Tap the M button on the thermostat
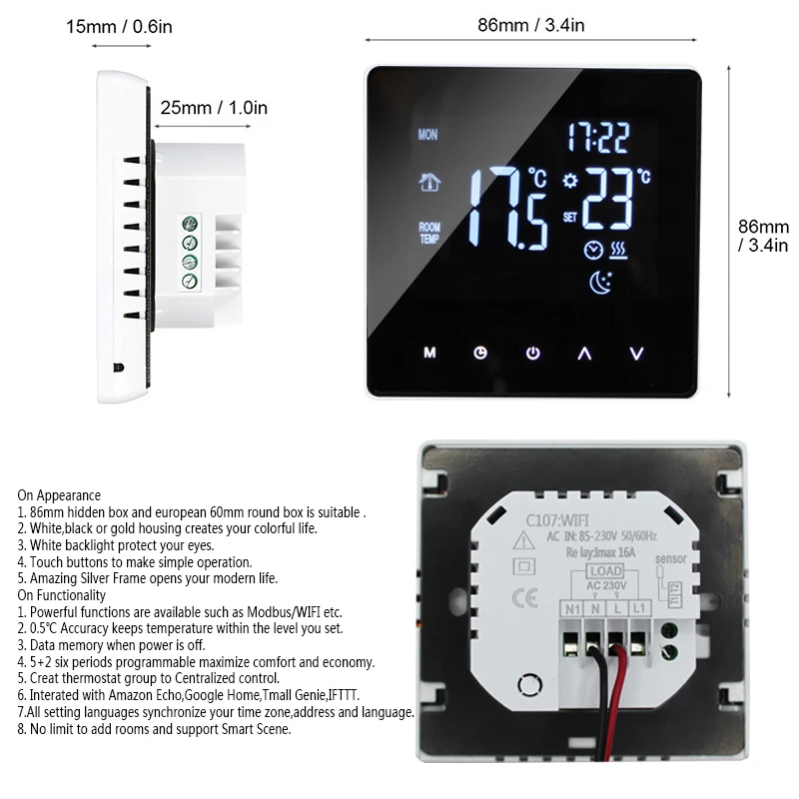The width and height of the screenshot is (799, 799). [429, 353]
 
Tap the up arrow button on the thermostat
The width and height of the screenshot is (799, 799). [585, 353]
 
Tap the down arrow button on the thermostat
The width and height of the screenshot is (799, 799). [637, 353]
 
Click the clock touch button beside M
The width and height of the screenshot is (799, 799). [480, 353]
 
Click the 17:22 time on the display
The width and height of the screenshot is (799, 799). [599, 135]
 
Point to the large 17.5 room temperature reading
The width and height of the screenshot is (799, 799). [508, 208]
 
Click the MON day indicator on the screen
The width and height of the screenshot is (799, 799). [428, 135]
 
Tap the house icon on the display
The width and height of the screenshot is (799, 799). [428, 184]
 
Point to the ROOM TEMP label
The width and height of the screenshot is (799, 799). [429, 233]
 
